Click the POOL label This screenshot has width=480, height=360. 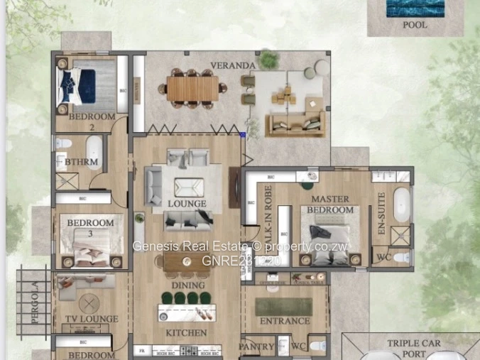pos(415,25)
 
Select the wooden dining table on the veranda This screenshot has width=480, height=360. pos(193,89)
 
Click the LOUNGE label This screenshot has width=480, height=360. pos(187,204)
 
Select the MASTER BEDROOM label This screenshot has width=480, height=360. pos(332,205)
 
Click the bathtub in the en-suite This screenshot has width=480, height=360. pos(401,204)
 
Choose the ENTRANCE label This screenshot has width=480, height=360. pos(284,321)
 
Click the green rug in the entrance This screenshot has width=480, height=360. pos(283,306)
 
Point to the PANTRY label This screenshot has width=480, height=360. pos(256,347)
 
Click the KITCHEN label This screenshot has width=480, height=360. pos(186,332)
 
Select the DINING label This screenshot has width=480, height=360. pos(187,285)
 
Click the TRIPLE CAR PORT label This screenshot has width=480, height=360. pos(413,348)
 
